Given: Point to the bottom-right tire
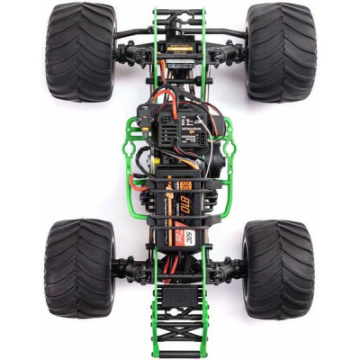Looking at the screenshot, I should [279, 268].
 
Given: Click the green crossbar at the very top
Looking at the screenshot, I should [180, 12].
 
